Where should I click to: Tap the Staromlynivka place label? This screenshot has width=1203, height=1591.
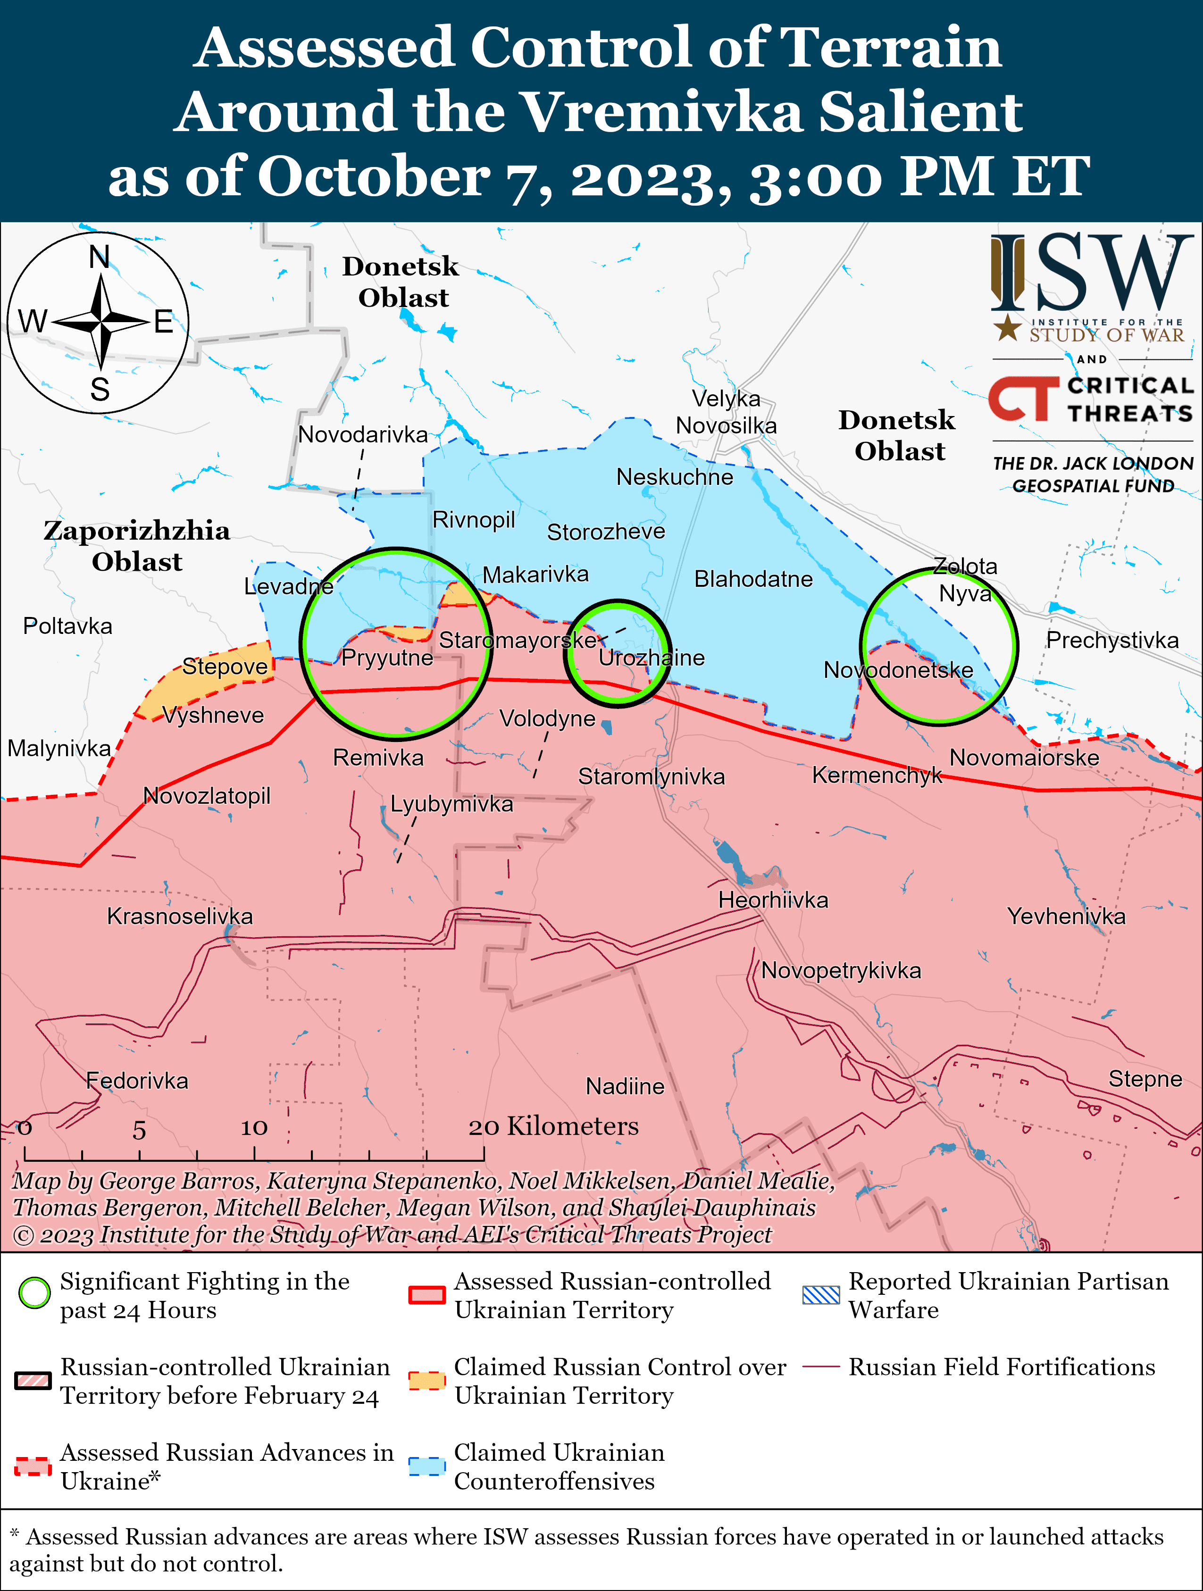coord(651,777)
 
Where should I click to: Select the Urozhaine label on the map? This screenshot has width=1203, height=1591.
coord(651,658)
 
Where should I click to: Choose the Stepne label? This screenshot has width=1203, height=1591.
coord(1145,1078)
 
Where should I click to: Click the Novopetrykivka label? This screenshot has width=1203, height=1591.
coord(840,970)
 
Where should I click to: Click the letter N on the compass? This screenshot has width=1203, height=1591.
coord(99,257)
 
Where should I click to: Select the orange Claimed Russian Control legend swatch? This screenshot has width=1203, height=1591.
coord(426,1380)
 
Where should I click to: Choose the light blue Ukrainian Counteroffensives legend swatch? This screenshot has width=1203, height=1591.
coord(426,1466)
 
